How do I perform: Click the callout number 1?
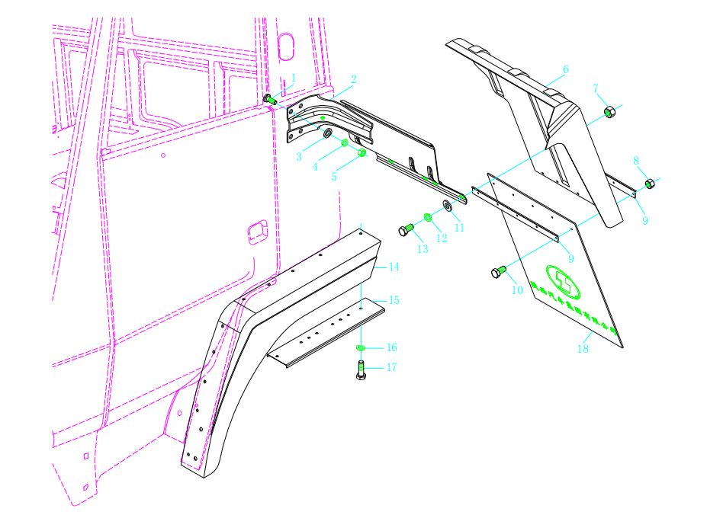(293, 78)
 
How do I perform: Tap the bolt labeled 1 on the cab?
(268, 98)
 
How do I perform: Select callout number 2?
(353, 79)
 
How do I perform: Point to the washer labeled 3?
(327, 135)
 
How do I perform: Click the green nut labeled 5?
(362, 153)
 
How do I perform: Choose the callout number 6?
(566, 69)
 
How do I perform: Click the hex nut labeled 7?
(609, 113)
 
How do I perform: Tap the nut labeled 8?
(649, 184)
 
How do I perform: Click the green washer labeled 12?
(428, 218)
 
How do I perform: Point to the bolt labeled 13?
(406, 229)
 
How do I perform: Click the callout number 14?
(394, 267)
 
